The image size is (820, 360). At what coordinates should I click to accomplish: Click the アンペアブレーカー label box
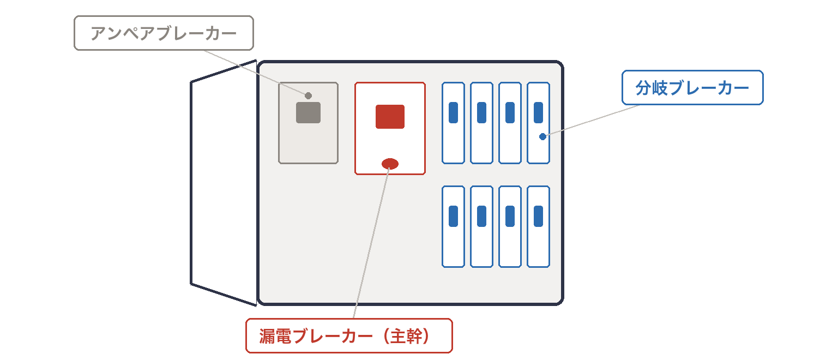coord(164,33)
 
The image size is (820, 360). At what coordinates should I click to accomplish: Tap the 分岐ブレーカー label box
coord(692,87)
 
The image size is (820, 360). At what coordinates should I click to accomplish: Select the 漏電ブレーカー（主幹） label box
coord(349,336)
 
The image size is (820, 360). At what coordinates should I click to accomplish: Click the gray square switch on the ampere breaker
coord(308,112)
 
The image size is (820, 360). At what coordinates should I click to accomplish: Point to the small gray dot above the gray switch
coord(308,95)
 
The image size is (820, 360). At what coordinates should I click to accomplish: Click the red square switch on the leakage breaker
coord(390,117)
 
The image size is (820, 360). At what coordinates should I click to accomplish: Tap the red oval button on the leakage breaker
coord(390,164)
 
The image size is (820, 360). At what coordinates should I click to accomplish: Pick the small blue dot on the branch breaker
coord(543,136)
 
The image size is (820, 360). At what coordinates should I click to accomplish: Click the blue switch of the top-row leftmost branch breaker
coord(453,112)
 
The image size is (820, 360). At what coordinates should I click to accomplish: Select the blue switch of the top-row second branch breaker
coord(482,112)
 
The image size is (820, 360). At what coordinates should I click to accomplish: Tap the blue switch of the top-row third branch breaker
coord(510,112)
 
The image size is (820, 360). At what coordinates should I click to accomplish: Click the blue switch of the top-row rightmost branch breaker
coord(539,112)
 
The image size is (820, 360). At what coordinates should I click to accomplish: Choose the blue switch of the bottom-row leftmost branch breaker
coord(453,216)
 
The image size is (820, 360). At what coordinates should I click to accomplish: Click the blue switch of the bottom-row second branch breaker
coord(482,216)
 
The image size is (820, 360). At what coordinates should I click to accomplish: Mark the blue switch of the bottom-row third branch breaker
coord(510,216)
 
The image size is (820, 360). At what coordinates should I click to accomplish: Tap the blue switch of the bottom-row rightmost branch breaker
coord(539,216)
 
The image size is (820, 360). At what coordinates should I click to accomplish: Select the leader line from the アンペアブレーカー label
coord(257,73)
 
